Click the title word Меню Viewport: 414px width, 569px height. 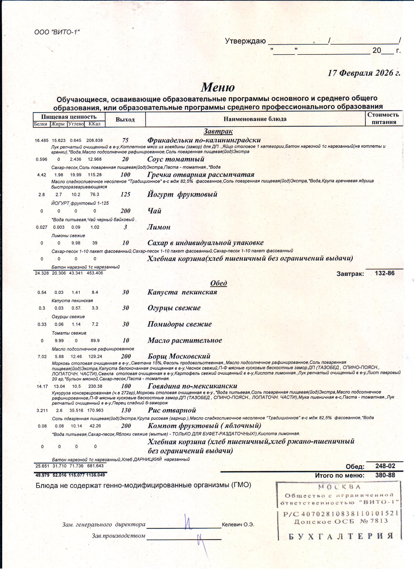click(218, 87)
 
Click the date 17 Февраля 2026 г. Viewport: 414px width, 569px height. click(364, 73)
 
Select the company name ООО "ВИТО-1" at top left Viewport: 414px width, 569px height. click(57, 32)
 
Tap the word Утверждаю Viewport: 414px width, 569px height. click(245, 41)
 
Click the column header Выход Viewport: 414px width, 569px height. click(125, 119)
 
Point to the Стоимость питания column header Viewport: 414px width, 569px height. click(383, 119)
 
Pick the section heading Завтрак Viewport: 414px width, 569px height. click(218, 131)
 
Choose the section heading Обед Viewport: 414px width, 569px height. click(218, 283)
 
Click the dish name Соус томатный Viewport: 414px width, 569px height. click(176, 159)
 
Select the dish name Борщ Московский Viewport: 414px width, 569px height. click(179, 356)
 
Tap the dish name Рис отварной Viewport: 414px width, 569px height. click(171, 410)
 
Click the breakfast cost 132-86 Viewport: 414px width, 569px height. click(385, 273)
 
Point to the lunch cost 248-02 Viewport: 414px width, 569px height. click(385, 466)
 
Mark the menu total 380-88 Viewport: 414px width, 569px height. click(385, 475)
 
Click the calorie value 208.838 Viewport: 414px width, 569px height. click(94, 140)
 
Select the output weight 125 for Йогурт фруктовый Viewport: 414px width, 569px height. click(125, 194)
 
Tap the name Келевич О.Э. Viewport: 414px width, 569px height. click(238, 525)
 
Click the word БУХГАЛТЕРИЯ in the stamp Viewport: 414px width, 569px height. click(340, 536)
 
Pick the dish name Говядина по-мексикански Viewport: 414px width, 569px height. click(192, 386)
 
